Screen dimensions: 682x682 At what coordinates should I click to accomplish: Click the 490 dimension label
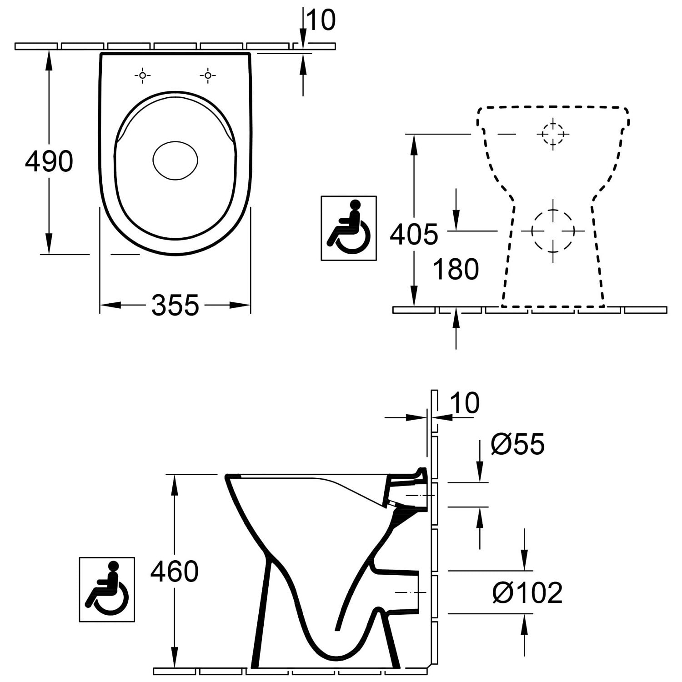pos(49,161)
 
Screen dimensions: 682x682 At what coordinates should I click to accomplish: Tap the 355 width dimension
pos(175,305)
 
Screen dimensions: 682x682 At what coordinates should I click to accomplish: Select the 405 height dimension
pos(414,234)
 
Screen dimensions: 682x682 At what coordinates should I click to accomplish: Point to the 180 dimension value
pos(456,269)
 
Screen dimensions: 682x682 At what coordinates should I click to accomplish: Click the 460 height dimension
pos(175,572)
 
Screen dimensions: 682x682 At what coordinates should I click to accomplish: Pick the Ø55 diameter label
pos(517,444)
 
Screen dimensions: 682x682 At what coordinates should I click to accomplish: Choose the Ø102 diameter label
pos(527,592)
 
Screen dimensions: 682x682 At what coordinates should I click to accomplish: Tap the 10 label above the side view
pos(465,403)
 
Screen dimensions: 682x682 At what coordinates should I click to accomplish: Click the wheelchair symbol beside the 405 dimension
pos(349,228)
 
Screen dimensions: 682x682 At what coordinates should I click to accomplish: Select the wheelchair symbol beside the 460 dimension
pos(107,589)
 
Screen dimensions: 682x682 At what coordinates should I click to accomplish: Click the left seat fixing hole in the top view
pos(143,75)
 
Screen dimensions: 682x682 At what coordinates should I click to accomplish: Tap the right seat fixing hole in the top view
pos(208,75)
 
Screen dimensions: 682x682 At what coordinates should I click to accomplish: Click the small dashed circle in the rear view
pos(553,134)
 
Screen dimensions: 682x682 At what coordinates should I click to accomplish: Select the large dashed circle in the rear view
pos(553,231)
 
